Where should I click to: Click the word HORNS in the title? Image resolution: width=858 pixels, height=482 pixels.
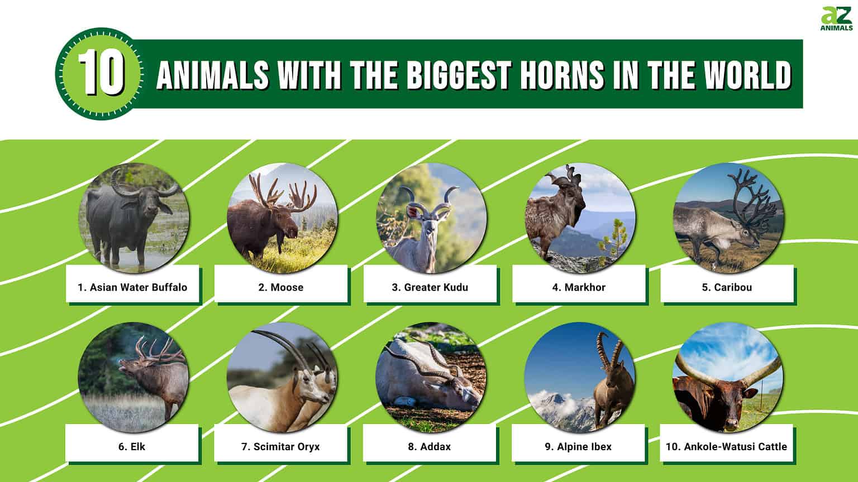(x=563, y=74)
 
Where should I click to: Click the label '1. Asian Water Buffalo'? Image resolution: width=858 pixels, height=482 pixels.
(x=132, y=287)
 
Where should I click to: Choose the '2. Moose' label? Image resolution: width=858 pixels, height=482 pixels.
(x=281, y=287)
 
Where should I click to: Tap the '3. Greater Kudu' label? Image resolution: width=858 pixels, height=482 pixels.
(x=430, y=287)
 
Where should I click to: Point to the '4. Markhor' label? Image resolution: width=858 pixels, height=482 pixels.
(x=579, y=287)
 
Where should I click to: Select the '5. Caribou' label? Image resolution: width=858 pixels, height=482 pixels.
(x=727, y=287)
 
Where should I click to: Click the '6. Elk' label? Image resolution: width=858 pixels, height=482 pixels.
(x=132, y=446)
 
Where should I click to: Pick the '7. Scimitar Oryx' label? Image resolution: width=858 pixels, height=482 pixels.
(x=280, y=446)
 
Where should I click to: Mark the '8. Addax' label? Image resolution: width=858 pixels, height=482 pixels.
(x=429, y=446)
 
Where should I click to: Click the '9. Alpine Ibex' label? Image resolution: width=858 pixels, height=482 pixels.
(x=578, y=446)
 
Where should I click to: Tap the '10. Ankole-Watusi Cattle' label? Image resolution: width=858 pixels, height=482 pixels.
(x=726, y=446)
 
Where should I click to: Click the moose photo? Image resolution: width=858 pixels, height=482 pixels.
(x=282, y=218)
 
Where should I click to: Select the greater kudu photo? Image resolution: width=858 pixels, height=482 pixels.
(x=431, y=218)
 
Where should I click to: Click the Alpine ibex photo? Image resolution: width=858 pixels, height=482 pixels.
(x=579, y=377)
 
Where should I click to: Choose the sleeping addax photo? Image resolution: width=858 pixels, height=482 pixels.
(x=431, y=377)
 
